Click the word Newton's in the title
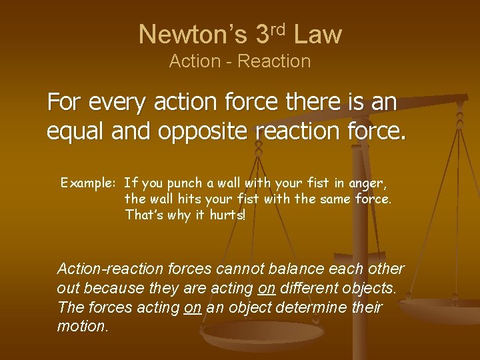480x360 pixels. pyautogui.click(x=192, y=34)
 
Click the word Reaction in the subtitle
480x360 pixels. pyautogui.click(x=274, y=61)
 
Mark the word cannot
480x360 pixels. pyautogui.click(x=239, y=269)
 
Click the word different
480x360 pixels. pyautogui.click(x=315, y=289)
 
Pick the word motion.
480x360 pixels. pyautogui.click(x=82, y=327)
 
